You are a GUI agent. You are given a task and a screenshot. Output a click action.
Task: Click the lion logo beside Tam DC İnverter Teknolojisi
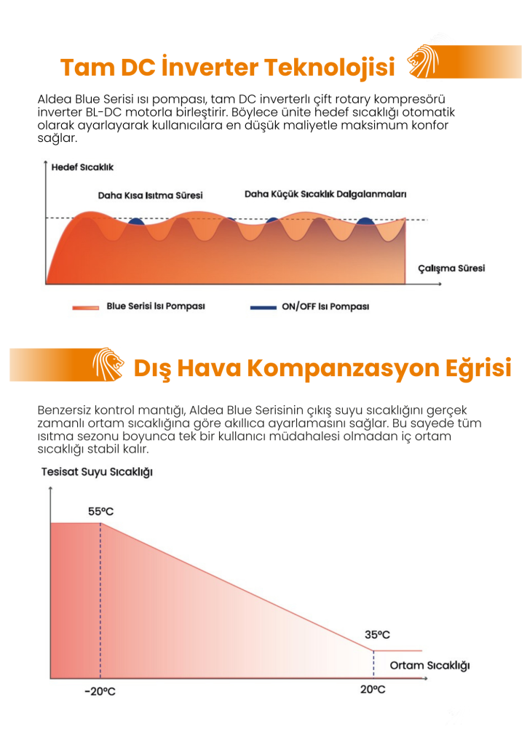click(x=422, y=61)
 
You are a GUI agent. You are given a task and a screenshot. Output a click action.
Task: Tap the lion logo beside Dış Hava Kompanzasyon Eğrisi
click(x=108, y=364)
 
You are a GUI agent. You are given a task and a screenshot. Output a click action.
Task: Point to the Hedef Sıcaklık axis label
click(x=82, y=167)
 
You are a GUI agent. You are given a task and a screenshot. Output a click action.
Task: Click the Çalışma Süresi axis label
click(x=451, y=268)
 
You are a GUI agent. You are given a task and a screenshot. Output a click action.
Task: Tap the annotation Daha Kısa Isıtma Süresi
click(x=150, y=195)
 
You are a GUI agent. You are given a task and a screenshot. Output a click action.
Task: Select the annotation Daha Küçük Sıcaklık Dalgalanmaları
click(x=325, y=194)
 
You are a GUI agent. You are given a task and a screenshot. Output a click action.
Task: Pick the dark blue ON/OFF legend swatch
click(x=263, y=307)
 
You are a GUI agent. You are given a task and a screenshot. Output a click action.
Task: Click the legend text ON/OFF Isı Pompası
click(x=325, y=306)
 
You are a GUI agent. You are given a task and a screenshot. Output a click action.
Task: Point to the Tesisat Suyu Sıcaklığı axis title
click(x=97, y=472)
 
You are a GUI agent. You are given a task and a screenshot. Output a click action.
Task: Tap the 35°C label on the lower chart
click(x=378, y=635)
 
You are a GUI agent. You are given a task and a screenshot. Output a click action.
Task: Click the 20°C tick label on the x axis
click(x=373, y=690)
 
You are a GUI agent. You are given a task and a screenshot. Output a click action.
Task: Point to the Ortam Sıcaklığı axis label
click(x=429, y=665)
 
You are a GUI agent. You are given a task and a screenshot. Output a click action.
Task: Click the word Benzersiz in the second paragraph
click(x=64, y=410)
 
